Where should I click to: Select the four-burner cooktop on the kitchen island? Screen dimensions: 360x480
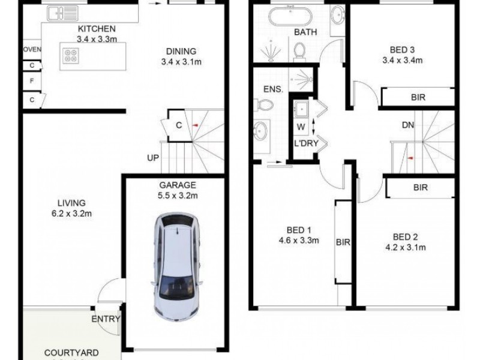(x=70, y=55)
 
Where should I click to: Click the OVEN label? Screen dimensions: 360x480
(x=31, y=50)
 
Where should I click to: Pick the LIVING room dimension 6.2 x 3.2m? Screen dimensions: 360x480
(x=67, y=214)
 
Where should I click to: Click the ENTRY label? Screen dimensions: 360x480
(x=106, y=319)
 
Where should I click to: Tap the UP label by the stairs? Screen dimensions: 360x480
(x=154, y=158)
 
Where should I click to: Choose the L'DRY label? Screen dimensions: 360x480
(x=305, y=144)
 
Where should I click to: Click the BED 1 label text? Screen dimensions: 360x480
(x=298, y=230)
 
